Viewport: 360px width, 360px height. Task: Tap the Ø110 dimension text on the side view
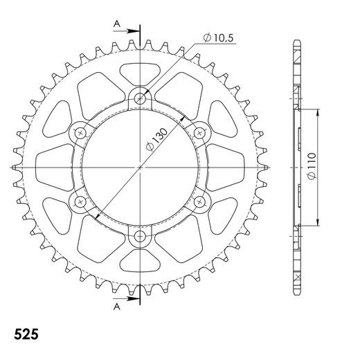pyautogui.click(x=314, y=166)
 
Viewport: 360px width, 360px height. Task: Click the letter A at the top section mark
pyautogui.click(x=117, y=24)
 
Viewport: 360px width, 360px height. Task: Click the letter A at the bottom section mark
pyautogui.click(x=117, y=306)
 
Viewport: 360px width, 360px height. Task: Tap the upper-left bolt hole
pyautogui.click(x=80, y=132)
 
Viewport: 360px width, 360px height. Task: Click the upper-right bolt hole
pyautogui.click(x=201, y=132)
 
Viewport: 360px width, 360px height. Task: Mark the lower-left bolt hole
pyautogui.click(x=80, y=202)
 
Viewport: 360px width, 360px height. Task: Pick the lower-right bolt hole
pyautogui.click(x=201, y=202)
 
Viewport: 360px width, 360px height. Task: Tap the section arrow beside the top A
pyautogui.click(x=132, y=30)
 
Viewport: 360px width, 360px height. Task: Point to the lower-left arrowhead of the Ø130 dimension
pyautogui.click(x=98, y=214)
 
